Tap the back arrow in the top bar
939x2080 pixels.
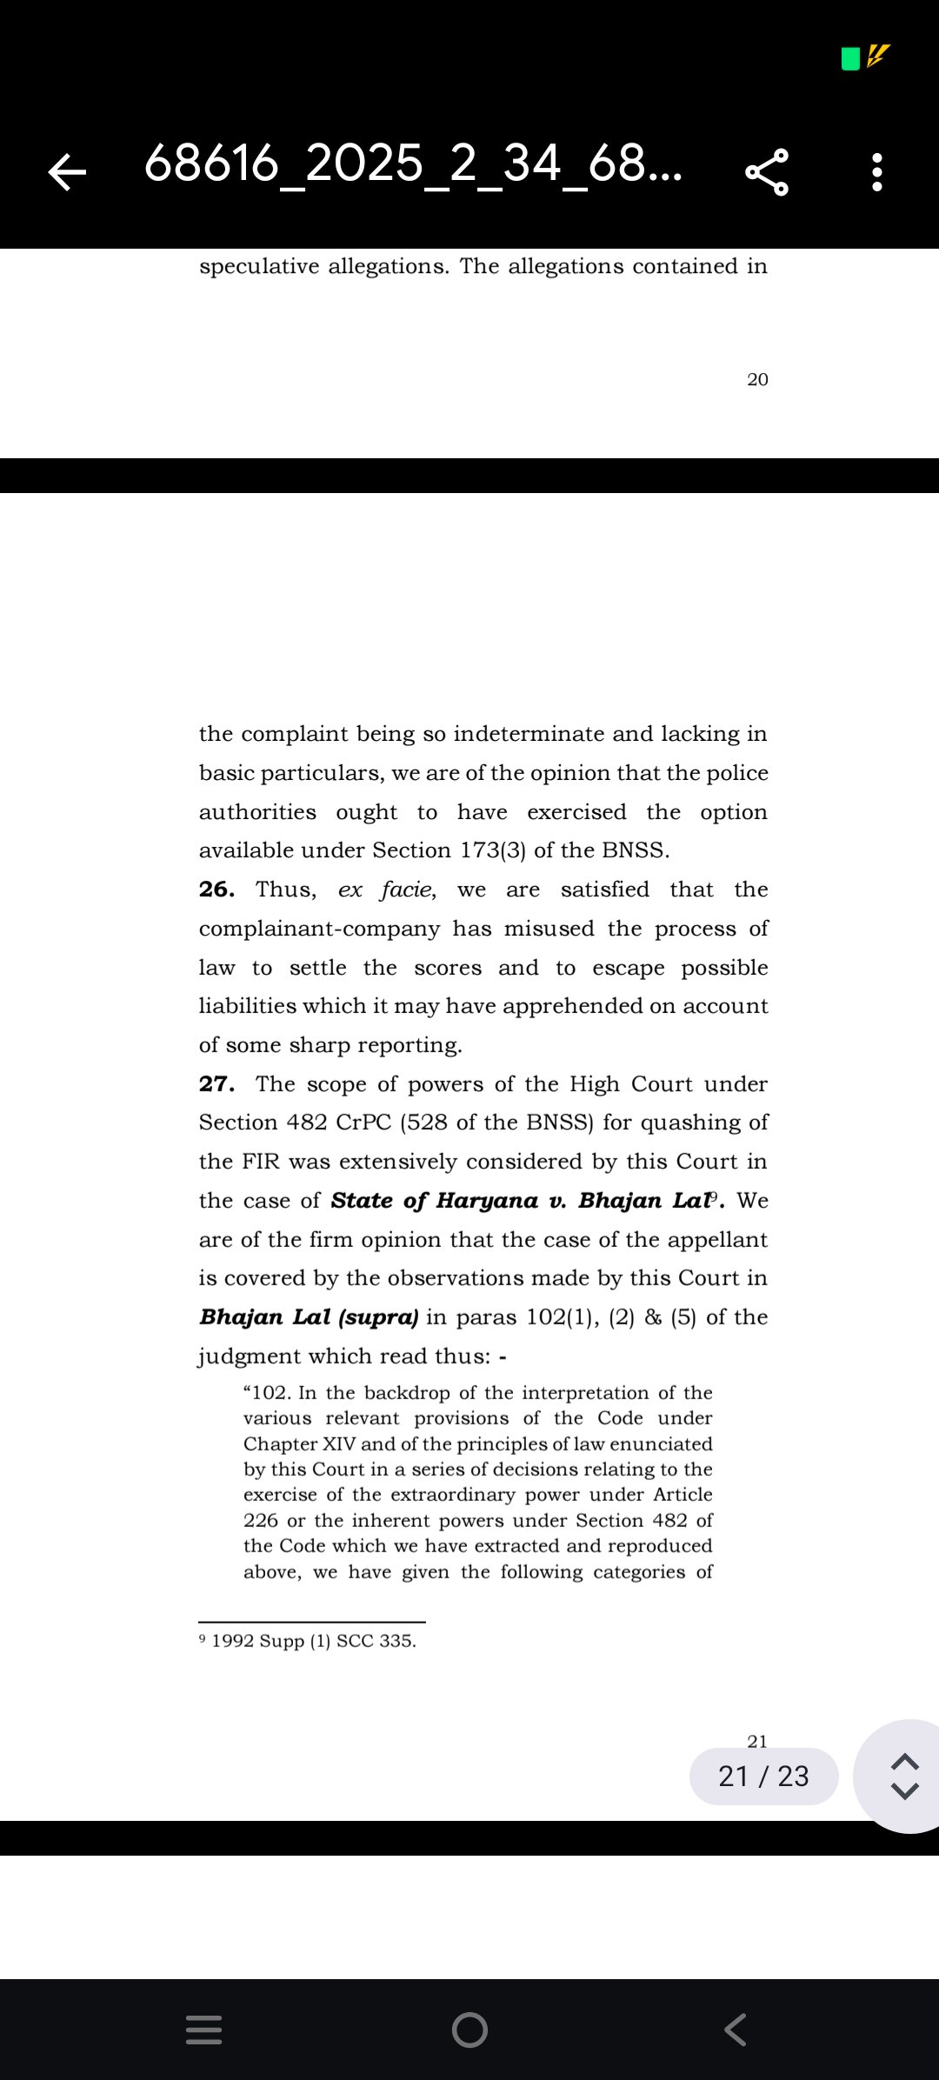tap(68, 171)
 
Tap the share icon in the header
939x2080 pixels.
tap(767, 171)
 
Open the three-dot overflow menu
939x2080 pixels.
tap(877, 171)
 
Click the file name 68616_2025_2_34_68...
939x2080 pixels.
tap(413, 163)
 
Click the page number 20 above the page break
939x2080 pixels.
tap(757, 380)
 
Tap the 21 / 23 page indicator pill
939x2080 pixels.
tap(763, 1776)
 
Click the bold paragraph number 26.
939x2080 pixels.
tap(216, 890)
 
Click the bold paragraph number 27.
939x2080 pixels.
tap(216, 1084)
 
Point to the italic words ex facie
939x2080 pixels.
tap(386, 890)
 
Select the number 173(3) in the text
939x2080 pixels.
tap(493, 850)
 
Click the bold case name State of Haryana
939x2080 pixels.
tap(435, 1201)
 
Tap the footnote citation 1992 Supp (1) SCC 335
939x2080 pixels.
tap(313, 1641)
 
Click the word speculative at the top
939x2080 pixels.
tap(259, 266)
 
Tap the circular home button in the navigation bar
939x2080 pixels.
tap(469, 2030)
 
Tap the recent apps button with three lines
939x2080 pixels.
tap(204, 2030)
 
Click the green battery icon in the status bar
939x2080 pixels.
tap(850, 59)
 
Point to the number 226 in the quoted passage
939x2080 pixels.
tap(261, 1521)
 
